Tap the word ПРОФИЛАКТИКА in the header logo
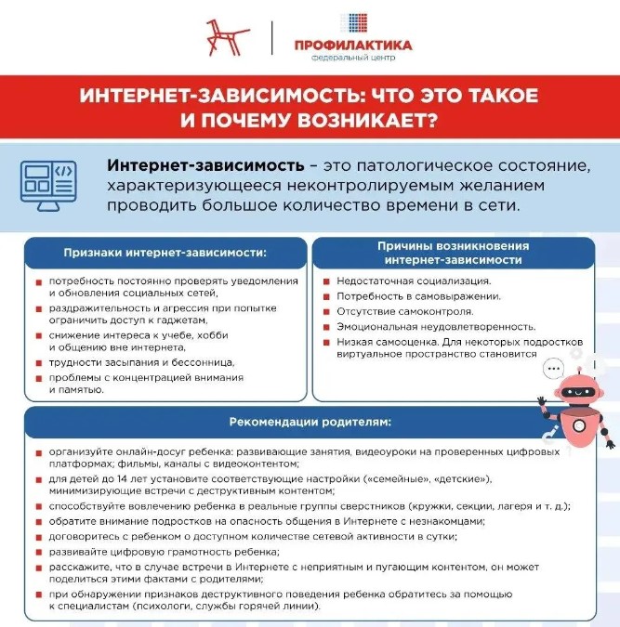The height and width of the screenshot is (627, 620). coord(352,45)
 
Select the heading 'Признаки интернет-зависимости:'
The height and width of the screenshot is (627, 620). coord(165,252)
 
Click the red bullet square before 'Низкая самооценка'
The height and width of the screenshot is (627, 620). coord(316,342)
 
